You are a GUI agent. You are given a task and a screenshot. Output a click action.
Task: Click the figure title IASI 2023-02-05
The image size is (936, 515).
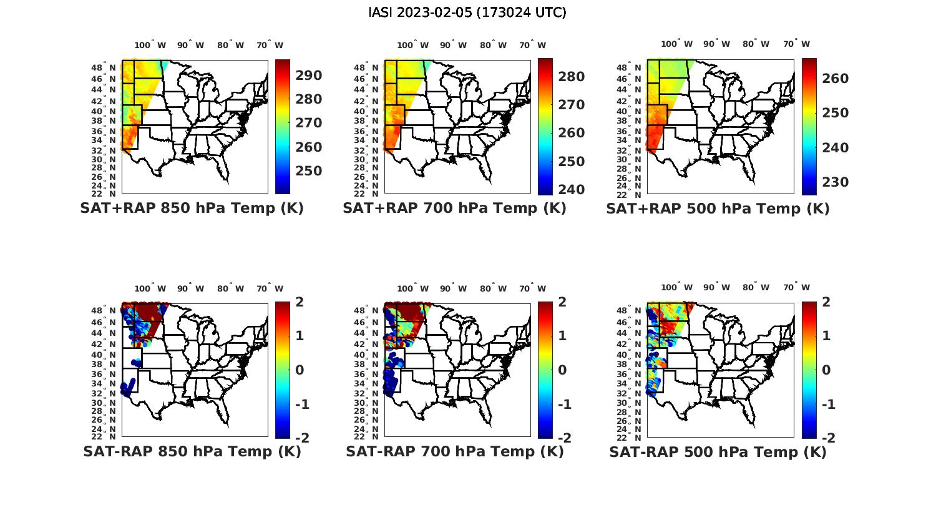tap(467, 12)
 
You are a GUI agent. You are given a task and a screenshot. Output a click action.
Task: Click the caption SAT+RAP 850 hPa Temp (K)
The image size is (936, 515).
tap(192, 208)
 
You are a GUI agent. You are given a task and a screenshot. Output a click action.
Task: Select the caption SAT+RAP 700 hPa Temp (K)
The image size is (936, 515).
tap(454, 208)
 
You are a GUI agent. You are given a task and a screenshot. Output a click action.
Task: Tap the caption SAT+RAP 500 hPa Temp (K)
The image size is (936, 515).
tap(718, 208)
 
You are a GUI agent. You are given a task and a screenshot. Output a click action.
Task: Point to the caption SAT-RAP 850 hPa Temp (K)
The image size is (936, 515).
tap(192, 451)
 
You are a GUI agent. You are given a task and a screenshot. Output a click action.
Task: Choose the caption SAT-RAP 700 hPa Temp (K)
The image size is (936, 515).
tap(454, 451)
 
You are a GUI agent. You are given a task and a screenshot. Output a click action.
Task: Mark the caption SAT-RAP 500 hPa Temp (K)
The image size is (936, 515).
tap(718, 452)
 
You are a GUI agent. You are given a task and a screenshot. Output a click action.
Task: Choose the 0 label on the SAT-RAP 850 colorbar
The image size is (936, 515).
tap(299, 370)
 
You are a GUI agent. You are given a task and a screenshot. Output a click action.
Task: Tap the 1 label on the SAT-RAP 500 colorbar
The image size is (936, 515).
tap(826, 336)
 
